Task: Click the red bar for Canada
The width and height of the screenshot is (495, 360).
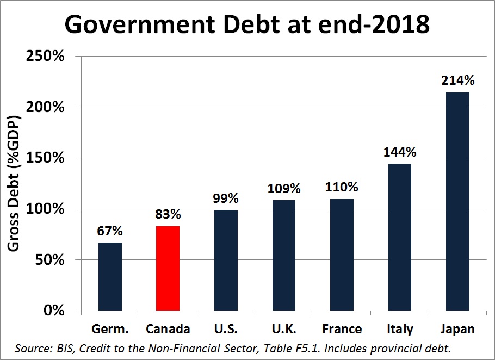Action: [x=168, y=268]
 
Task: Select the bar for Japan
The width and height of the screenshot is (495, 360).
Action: [x=457, y=201]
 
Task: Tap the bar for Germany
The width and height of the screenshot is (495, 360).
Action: [x=110, y=276]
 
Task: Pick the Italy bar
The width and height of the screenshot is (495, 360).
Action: [x=400, y=237]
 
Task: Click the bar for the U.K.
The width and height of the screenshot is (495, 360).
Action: [x=283, y=255]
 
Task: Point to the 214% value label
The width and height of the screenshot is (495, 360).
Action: [x=459, y=80]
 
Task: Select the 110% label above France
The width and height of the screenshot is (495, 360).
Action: [x=342, y=187]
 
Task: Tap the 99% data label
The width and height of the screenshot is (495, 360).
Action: [x=226, y=198]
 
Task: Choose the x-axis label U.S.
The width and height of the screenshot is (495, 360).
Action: [x=226, y=329]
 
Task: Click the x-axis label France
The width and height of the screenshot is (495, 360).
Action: [x=342, y=329]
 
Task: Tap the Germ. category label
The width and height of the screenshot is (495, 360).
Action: [x=110, y=329]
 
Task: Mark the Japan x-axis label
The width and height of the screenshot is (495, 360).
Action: [x=457, y=329]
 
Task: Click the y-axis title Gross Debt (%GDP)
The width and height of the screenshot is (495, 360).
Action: [x=15, y=183]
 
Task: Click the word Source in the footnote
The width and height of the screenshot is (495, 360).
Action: [x=31, y=347]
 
